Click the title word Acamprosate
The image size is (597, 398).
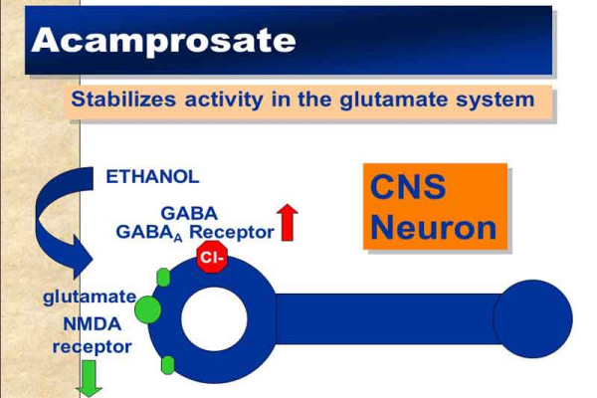[163, 40]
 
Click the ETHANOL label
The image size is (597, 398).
[152, 177]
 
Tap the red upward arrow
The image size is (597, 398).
[288, 222]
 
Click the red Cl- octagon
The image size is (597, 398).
[211, 260]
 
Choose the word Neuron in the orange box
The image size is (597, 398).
[433, 228]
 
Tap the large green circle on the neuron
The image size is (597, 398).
[146, 308]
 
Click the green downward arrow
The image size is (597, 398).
[91, 378]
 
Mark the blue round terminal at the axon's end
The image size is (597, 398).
[533, 319]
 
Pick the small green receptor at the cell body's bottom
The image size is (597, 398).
[167, 365]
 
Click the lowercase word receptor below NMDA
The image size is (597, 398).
[92, 346]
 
